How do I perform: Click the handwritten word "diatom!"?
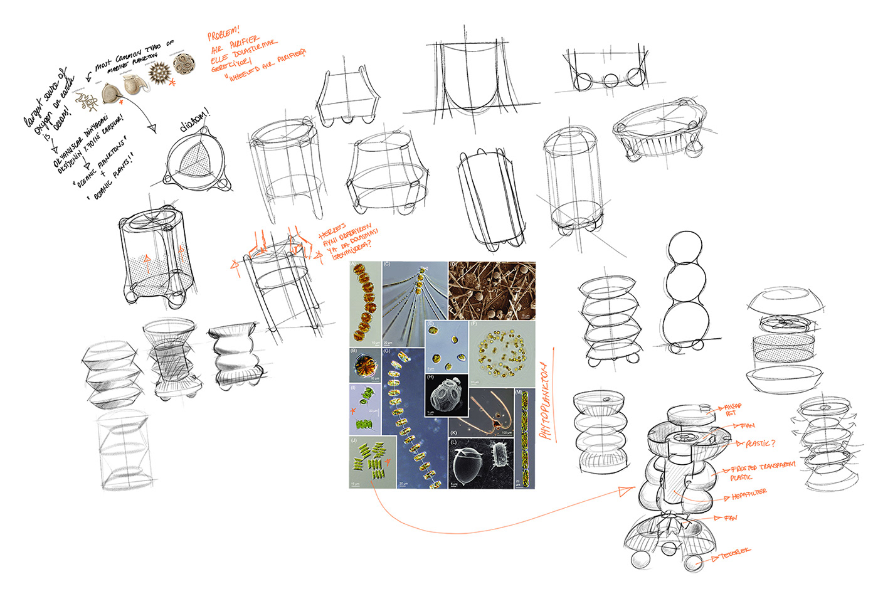(195, 121)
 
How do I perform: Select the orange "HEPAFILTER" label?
(749, 495)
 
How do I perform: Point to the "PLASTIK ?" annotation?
(760, 444)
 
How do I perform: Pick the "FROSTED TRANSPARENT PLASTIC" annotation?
(761, 471)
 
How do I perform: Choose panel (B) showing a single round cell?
(365, 364)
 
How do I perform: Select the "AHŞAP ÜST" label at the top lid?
(733, 410)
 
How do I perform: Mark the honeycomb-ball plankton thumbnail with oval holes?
(184, 64)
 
